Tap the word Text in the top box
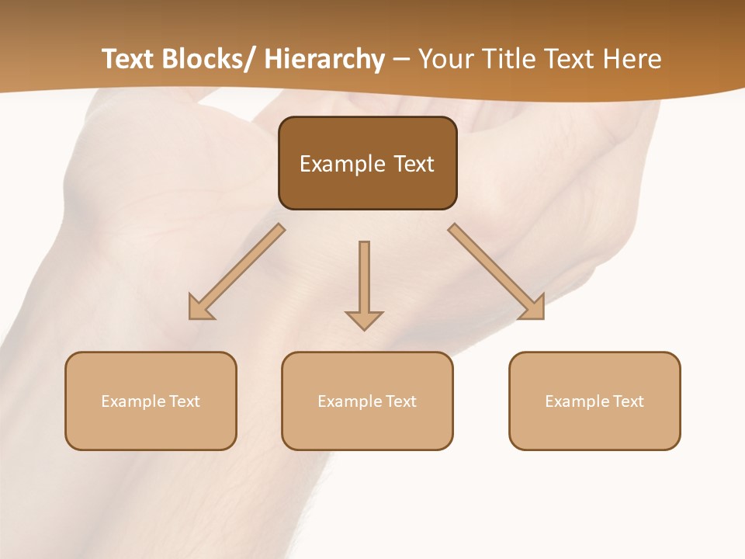click(x=413, y=164)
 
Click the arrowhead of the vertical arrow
click(x=364, y=320)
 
